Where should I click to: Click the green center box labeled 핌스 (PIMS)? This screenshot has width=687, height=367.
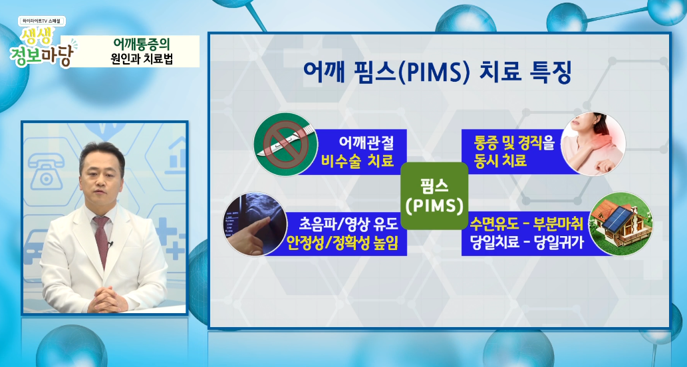pyautogui.click(x=434, y=195)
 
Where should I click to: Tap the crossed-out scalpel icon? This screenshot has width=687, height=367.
pyautogui.click(x=286, y=144)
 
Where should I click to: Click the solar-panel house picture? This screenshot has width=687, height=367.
pyautogui.click(x=620, y=224)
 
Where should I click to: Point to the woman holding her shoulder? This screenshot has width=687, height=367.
pyautogui.click(x=593, y=144)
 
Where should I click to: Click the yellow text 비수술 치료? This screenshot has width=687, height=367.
pyautogui.click(x=358, y=161)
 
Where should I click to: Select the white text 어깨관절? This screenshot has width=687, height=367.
pyautogui.click(x=366, y=142)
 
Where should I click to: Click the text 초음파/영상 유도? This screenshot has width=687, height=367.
pyautogui.click(x=348, y=224)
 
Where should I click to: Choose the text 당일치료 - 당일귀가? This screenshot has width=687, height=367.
pyautogui.click(x=527, y=242)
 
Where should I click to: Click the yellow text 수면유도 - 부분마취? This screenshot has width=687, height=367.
pyautogui.click(x=527, y=223)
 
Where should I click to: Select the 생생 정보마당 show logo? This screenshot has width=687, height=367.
pyautogui.click(x=43, y=43)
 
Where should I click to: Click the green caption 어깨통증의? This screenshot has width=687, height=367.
pyautogui.click(x=141, y=45)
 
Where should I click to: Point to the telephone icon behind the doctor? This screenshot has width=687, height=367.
pyautogui.click(x=45, y=169)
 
